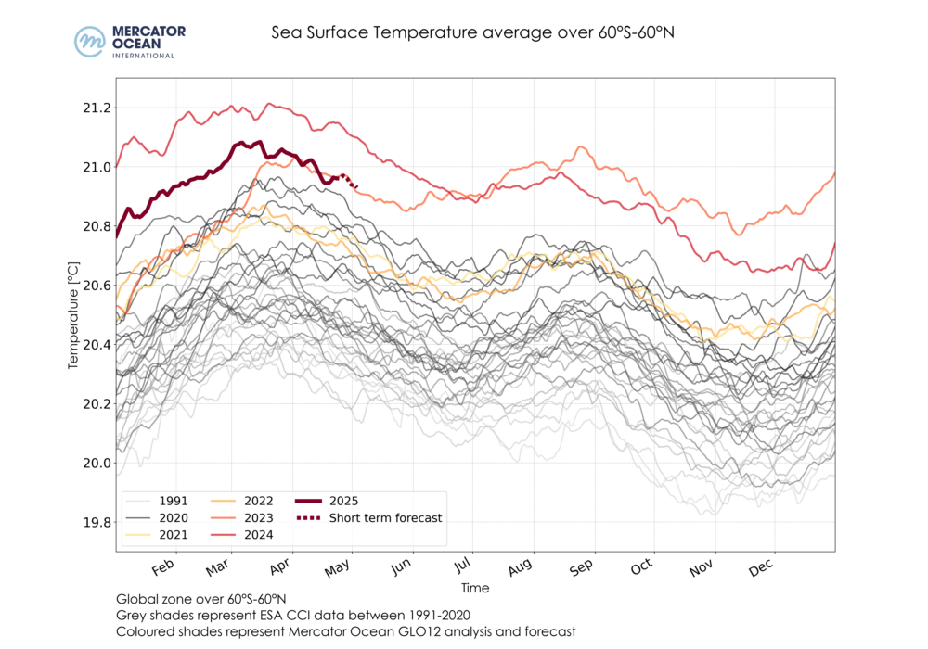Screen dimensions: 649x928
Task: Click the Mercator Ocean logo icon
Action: pyautogui.click(x=90, y=42)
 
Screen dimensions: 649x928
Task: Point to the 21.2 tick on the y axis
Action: pyautogui.click(x=97, y=108)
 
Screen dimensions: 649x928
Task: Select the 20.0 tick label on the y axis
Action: pyautogui.click(x=97, y=463)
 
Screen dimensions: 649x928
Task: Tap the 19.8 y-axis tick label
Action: pyautogui.click(x=97, y=522)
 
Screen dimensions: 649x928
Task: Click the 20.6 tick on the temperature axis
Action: pyautogui.click(x=97, y=286)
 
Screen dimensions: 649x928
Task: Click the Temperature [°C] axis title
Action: pyautogui.click(x=74, y=315)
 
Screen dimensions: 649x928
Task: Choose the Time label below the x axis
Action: pyautogui.click(x=474, y=588)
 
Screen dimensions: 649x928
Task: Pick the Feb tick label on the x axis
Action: pyautogui.click(x=163, y=566)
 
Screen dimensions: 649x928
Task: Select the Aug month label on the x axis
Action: pyautogui.click(x=520, y=566)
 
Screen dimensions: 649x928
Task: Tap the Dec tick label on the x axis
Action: pyautogui.click(x=760, y=566)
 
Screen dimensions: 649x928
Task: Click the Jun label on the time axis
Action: pyautogui.click(x=401, y=566)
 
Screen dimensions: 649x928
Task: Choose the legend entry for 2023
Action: pyautogui.click(x=259, y=517)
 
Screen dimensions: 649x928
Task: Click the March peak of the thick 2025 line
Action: pyautogui.click(x=242, y=143)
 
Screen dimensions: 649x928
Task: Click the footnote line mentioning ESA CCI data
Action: pyautogui.click(x=293, y=615)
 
